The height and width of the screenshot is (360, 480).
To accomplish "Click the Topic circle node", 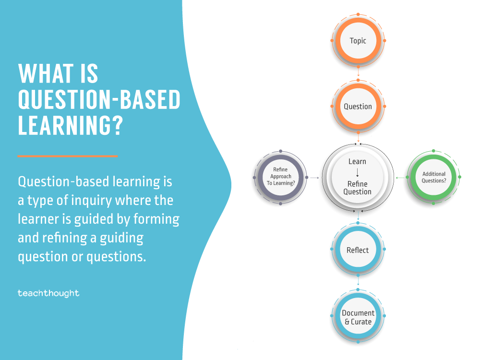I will coord(358,41).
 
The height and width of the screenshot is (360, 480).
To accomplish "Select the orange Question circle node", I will coord(358,107).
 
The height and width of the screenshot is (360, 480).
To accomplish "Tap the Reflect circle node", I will coord(358,250).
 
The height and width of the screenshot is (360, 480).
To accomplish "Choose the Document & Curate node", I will coord(358,317).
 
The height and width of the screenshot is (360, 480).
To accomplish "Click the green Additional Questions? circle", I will coord(434,177).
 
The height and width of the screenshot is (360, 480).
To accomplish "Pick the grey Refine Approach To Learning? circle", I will coord(280,177).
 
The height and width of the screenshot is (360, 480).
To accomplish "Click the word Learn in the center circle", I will coord(357,162).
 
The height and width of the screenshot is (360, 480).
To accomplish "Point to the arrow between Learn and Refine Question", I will coord(358,173).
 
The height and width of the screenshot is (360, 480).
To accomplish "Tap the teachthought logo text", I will coord(48,293).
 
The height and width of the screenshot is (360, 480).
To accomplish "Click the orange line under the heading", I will coord(68,156).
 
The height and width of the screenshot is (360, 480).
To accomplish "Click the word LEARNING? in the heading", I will coord(70,124).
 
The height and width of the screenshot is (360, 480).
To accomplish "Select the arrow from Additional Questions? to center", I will coord(400,178).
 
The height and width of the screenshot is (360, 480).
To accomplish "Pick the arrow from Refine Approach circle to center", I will coord(314,178).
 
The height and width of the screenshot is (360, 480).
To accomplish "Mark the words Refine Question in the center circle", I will coord(358,188).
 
